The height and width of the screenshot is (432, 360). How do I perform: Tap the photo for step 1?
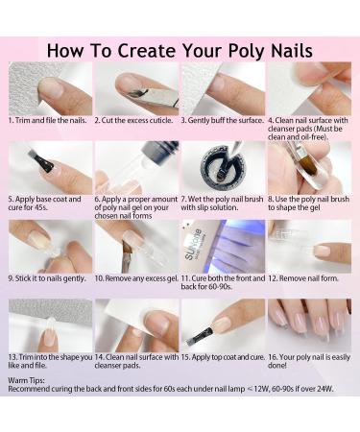point(50,90)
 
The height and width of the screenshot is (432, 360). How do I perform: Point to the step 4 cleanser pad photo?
point(309,90)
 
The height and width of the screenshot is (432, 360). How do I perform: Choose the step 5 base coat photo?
point(50,169)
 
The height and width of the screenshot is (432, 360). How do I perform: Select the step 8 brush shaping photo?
point(309,169)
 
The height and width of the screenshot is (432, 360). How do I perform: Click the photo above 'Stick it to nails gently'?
point(50,248)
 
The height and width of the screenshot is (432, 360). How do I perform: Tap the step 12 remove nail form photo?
point(309,248)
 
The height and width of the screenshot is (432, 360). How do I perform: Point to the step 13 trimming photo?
point(50,326)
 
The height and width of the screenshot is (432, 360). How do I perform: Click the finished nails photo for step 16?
point(309,326)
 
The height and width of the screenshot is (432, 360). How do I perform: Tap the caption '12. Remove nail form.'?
point(305,278)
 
